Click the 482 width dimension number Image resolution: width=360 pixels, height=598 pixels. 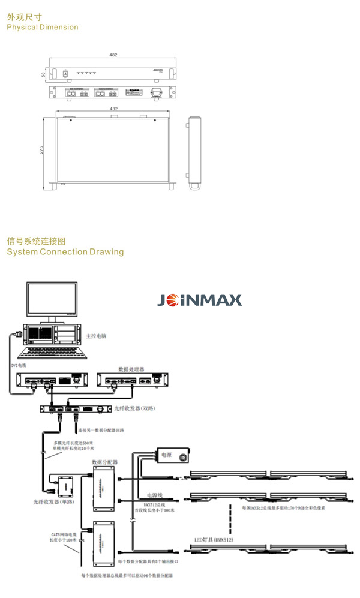pos(113,55)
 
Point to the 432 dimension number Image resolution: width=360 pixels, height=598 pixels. pos(113,109)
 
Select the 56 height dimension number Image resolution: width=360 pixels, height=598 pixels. pos(44,74)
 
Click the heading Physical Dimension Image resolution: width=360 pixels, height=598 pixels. pos(43,27)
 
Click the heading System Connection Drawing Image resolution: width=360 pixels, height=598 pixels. pos(65,252)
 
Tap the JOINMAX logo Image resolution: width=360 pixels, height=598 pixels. pos(199,300)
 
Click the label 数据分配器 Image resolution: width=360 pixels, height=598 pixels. pos(104,462)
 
